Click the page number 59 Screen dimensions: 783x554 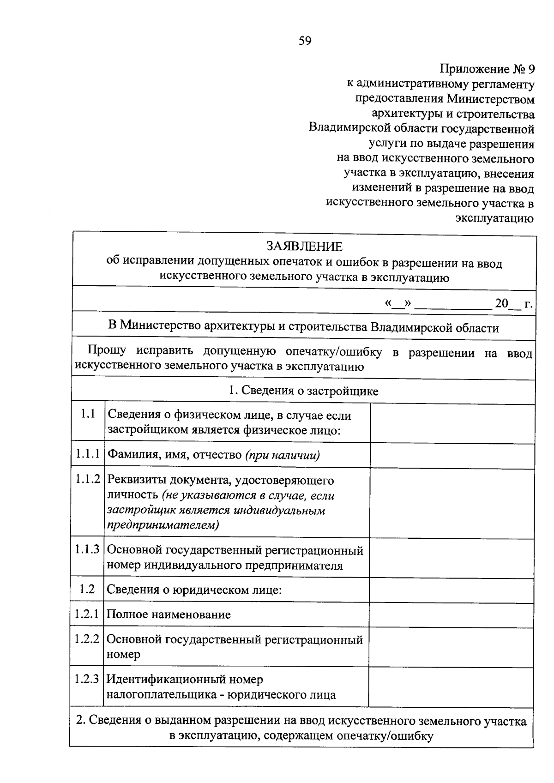[x=305, y=41]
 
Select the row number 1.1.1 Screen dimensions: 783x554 [x=88, y=454]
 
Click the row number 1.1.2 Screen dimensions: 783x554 [x=88, y=479]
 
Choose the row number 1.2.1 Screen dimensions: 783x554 [x=87, y=614]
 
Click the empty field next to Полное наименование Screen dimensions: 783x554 [x=452, y=614]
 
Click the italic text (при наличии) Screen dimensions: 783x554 [x=283, y=455]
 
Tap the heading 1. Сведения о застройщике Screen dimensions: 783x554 [x=304, y=391]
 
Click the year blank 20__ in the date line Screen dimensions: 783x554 [x=508, y=304]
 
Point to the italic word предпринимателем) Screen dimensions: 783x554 [x=163, y=525]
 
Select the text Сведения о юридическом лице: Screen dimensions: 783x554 [x=194, y=590]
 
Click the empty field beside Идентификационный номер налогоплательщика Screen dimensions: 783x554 [x=452, y=687]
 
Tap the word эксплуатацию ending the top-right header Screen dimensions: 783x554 [x=494, y=218]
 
